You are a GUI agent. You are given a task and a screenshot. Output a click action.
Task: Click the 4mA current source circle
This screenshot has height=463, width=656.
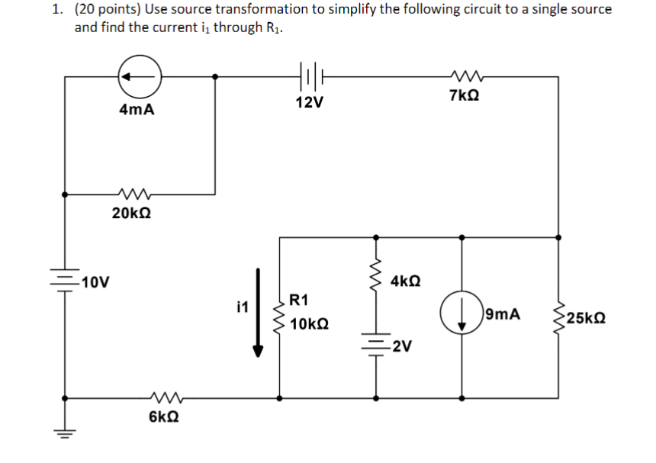(140, 76)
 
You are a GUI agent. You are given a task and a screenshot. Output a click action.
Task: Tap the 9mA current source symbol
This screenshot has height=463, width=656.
(461, 315)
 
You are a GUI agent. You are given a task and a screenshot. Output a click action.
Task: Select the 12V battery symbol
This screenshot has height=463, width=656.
(309, 76)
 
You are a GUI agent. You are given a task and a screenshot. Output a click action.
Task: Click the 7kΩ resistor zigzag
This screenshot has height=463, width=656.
(465, 76)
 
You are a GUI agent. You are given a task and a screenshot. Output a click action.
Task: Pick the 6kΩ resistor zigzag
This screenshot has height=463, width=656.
(166, 397)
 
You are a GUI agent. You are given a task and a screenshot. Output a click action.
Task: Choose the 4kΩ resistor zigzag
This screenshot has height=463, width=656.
(375, 281)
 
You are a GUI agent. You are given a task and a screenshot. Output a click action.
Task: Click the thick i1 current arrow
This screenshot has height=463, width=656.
(259, 312)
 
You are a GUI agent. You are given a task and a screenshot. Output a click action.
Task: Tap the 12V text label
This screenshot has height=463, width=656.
(309, 102)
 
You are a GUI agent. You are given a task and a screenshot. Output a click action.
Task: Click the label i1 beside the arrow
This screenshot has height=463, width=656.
(243, 307)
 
